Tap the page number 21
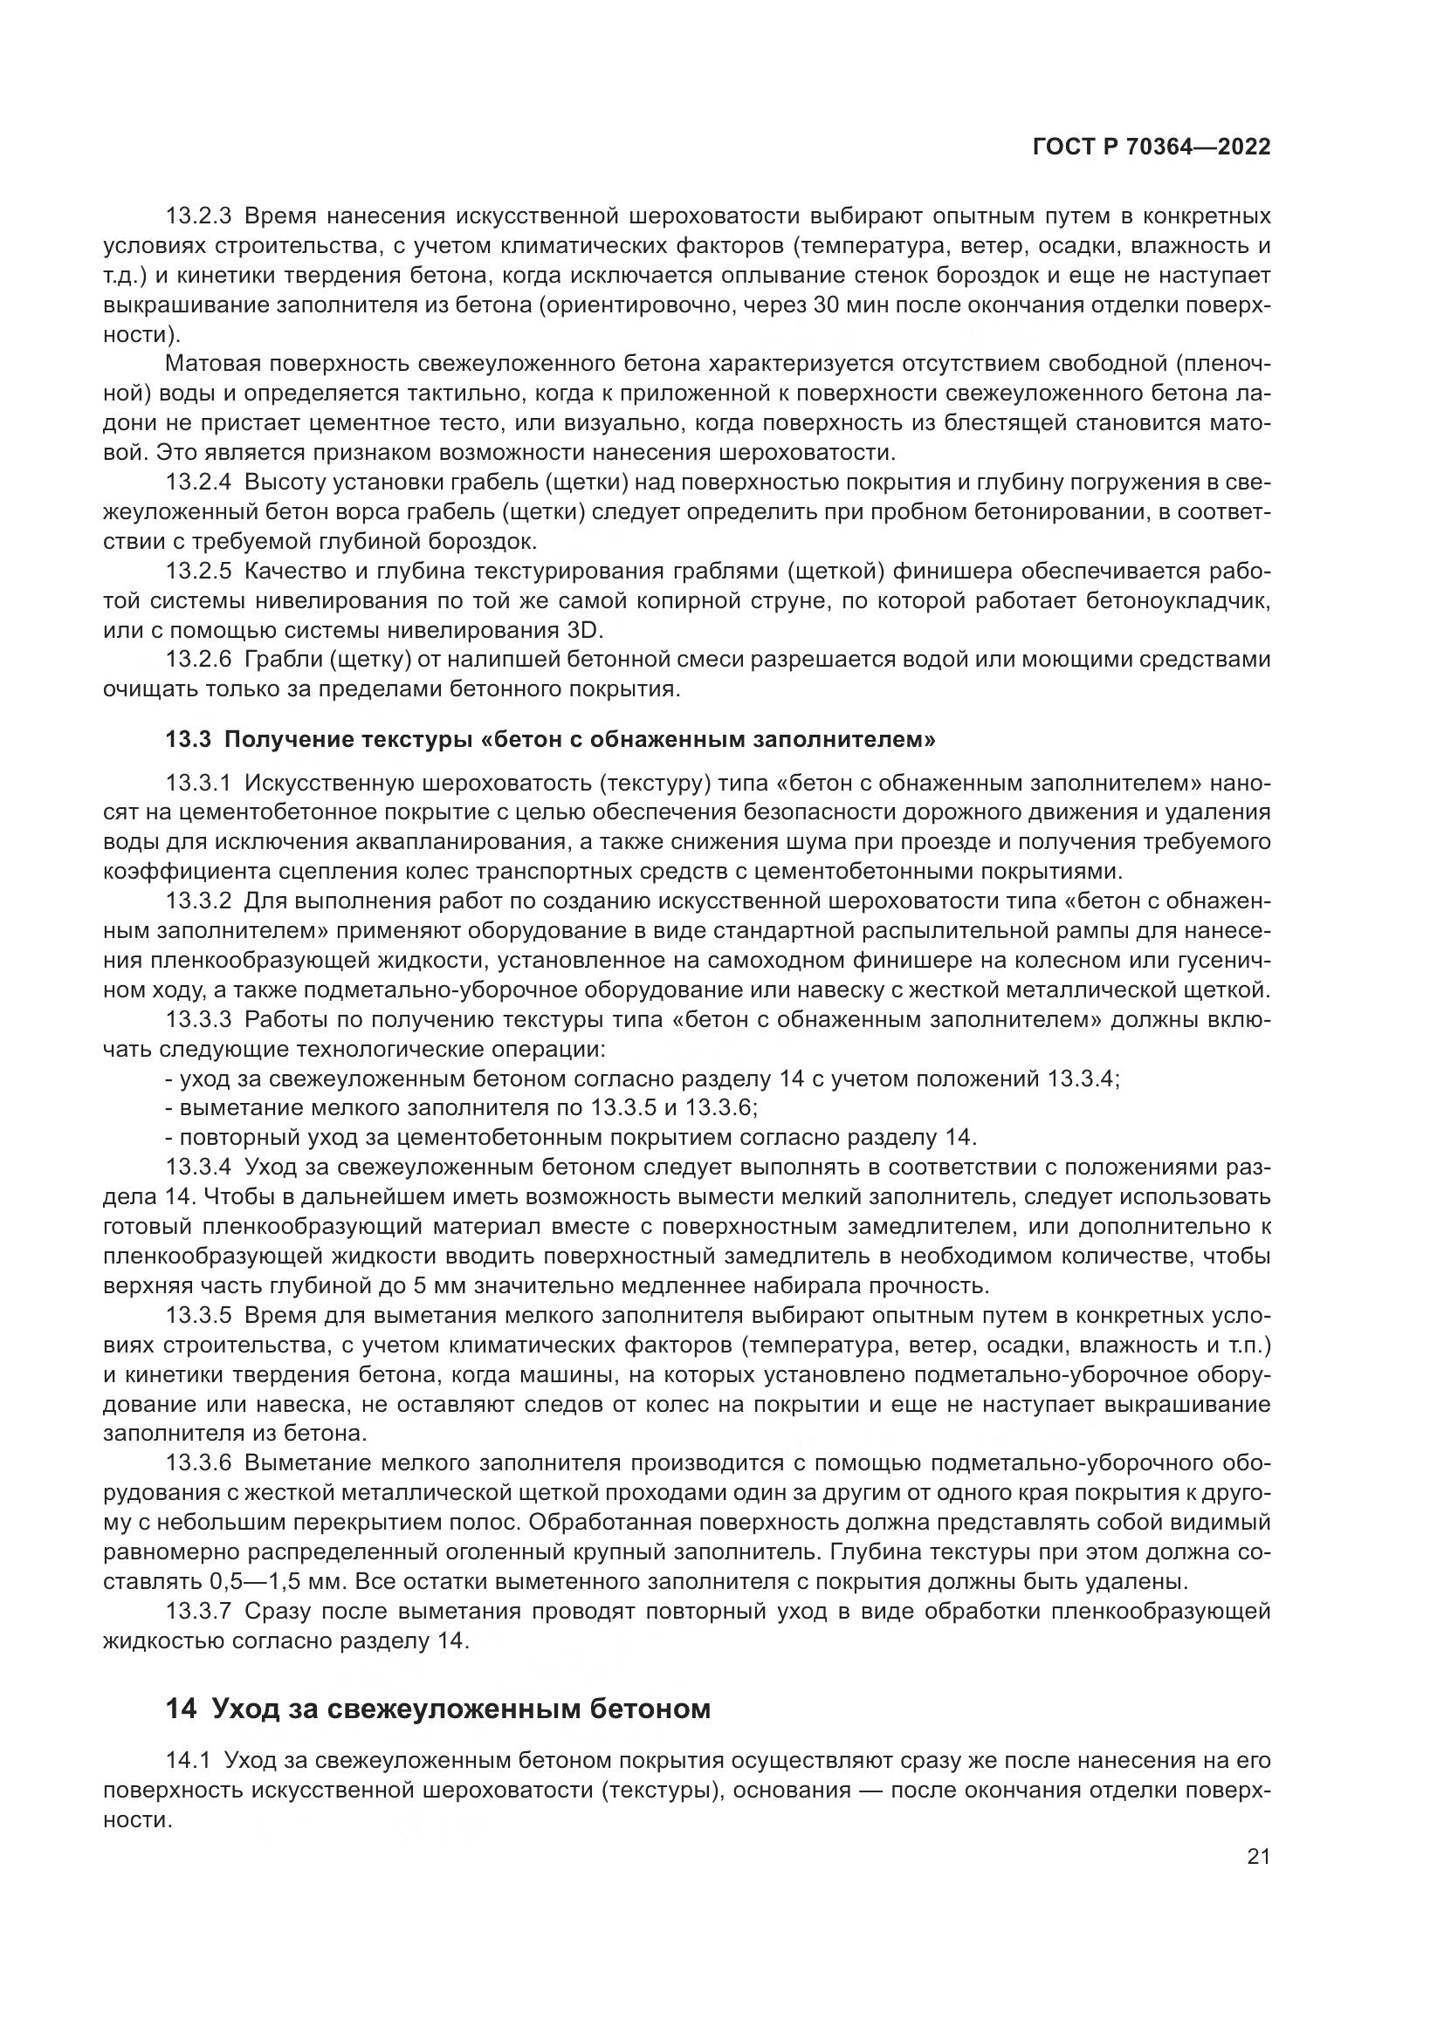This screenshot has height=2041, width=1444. coord(1258,1857)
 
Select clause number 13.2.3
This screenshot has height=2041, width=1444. coord(198,216)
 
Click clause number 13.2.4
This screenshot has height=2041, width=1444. coord(198,483)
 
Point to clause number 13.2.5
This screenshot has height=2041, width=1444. coord(198,572)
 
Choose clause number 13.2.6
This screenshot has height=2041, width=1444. coord(198,660)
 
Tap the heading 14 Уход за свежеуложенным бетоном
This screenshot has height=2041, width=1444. coord(437,1709)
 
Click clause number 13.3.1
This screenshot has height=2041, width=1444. coord(198,783)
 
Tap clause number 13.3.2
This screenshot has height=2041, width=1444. coord(198,901)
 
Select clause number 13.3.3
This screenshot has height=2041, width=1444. coord(198,1019)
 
